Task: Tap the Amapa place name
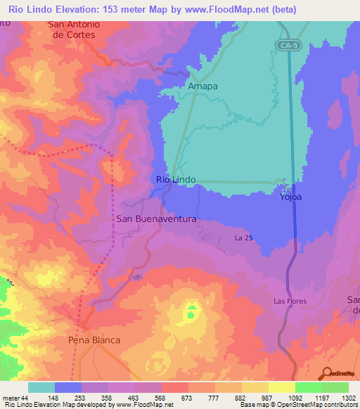click(202, 86)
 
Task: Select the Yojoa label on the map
click(291, 197)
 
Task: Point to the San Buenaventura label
click(156, 219)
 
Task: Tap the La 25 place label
click(243, 238)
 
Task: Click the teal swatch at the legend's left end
click(41, 387)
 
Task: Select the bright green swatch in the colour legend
click(309, 387)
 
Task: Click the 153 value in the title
click(104, 10)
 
